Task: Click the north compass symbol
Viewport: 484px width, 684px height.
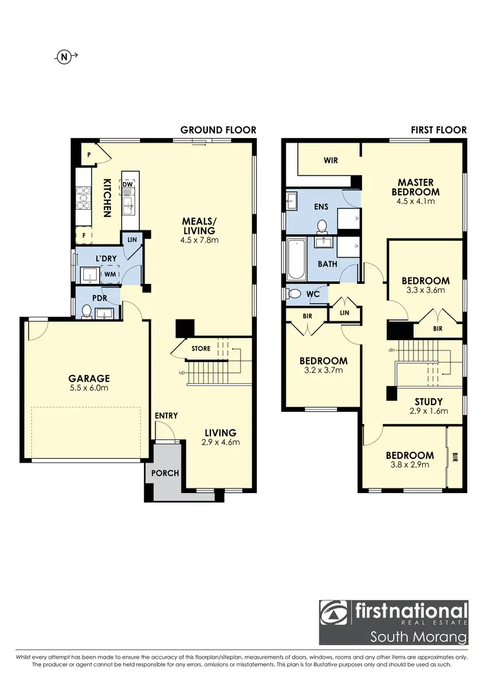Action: (x=64, y=57)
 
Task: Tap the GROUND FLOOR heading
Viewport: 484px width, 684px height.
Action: (x=218, y=130)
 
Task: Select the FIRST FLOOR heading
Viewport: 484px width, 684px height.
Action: (x=438, y=130)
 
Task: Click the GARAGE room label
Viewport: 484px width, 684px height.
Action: (x=90, y=378)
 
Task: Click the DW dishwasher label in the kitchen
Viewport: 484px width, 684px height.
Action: (x=128, y=185)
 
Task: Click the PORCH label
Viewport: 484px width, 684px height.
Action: (x=165, y=473)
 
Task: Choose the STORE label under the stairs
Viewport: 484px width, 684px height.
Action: (x=201, y=349)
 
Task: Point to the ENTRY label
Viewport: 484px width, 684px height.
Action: (x=166, y=416)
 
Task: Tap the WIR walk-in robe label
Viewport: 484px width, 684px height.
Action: (x=331, y=160)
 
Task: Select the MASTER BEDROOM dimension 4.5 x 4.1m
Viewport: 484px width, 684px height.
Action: (x=419, y=201)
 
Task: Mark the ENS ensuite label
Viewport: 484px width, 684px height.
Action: (x=321, y=207)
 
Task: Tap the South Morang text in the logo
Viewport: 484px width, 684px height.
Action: (x=418, y=638)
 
